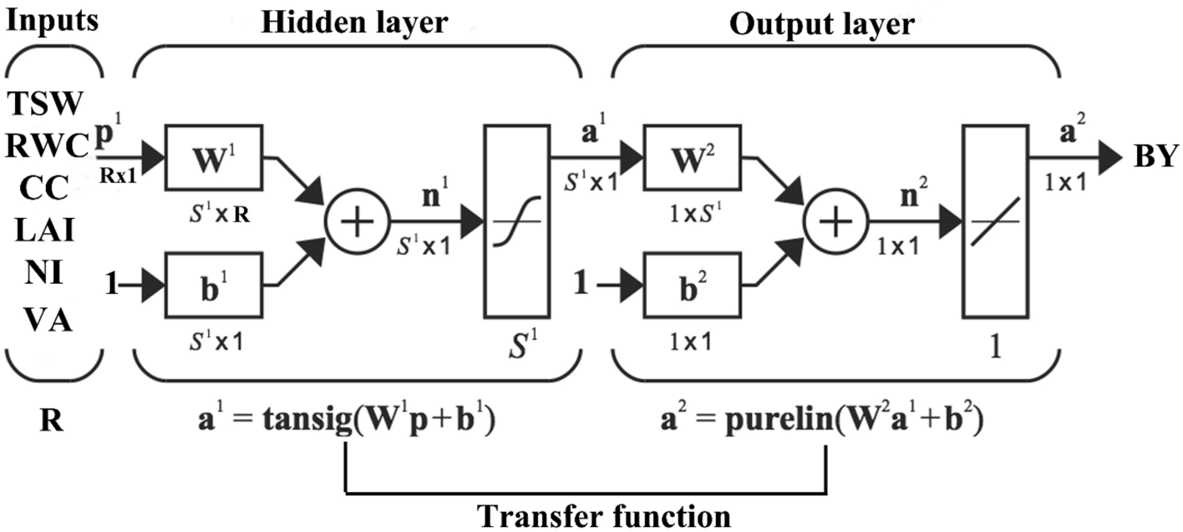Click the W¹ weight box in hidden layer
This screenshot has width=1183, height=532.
pos(214,158)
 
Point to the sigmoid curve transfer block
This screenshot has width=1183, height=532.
pos(514,221)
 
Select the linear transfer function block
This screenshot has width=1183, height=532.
pos(993,221)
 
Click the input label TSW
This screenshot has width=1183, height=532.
pos(46,104)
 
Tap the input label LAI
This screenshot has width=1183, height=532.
pos(46,229)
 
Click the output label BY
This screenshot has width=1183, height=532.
pos(1149,157)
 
